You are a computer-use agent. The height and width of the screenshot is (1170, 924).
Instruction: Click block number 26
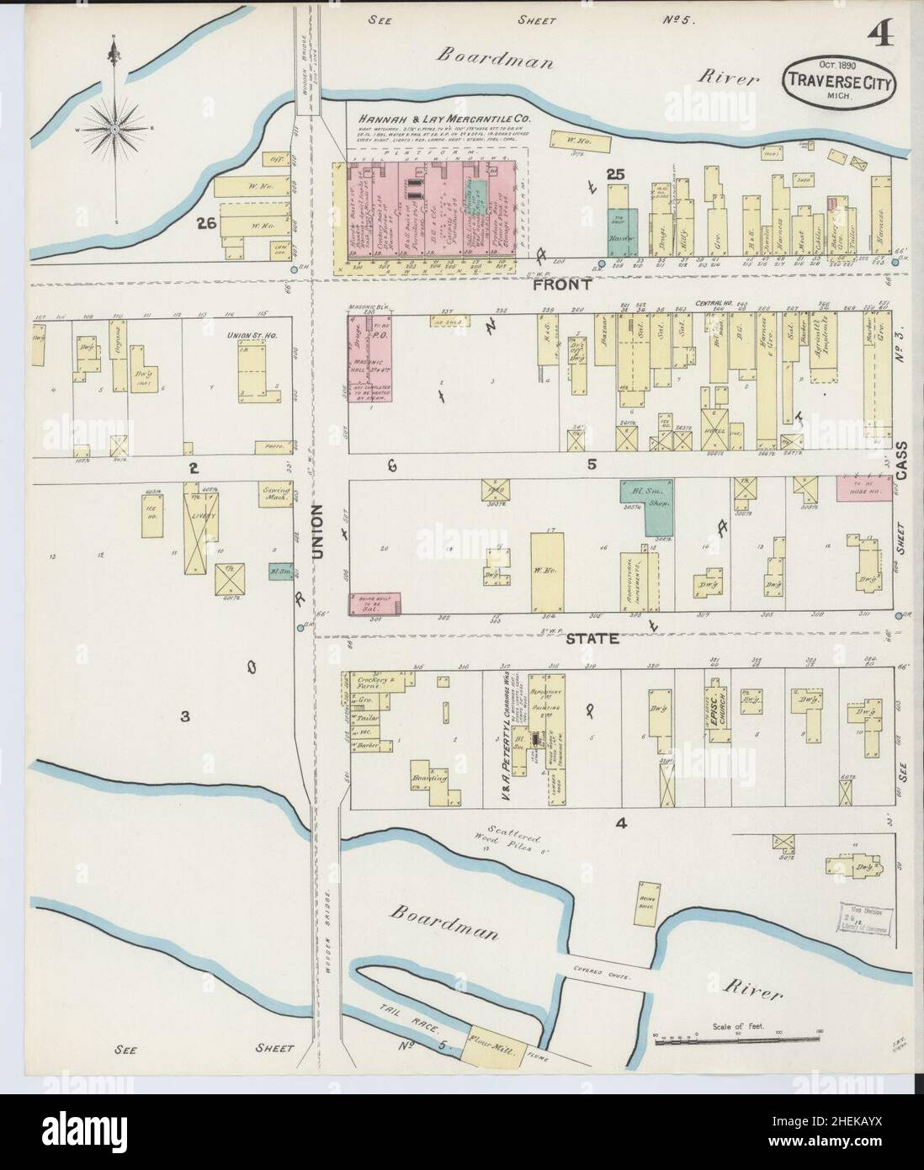tap(204, 223)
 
